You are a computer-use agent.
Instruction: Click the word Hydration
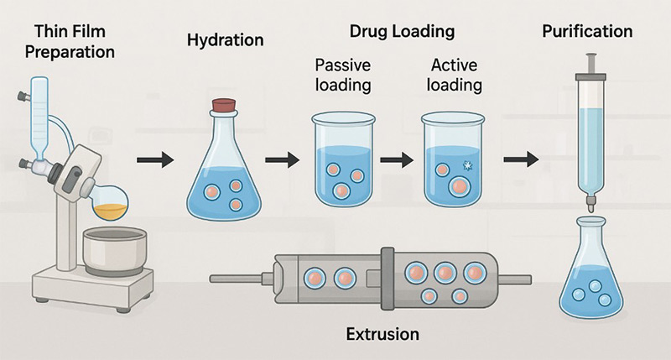[226, 40]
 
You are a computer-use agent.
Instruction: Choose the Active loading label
[455, 75]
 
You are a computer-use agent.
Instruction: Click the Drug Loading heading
[402, 32]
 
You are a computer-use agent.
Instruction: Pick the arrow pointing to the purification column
[520, 157]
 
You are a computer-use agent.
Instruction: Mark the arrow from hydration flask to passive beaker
[283, 157]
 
